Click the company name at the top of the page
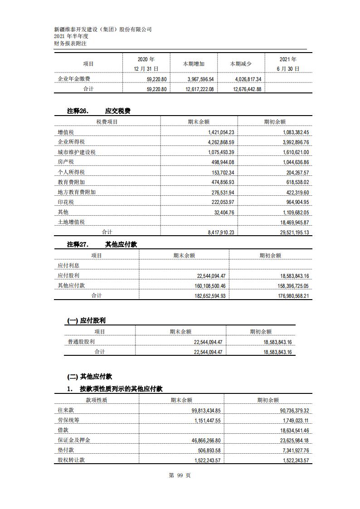pyautogui.click(x=102, y=29)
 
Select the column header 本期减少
pyautogui.click(x=241, y=64)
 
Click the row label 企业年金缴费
pyautogui.click(x=74, y=79)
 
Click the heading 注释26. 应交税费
pyautogui.click(x=99, y=111)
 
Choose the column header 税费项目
pyautogui.click(x=107, y=121)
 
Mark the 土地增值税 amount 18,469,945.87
pyautogui.click(x=289, y=222)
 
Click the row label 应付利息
pyautogui.click(x=68, y=266)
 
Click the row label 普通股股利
pyautogui.click(x=81, y=342)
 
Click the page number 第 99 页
pyautogui.click(x=180, y=475)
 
